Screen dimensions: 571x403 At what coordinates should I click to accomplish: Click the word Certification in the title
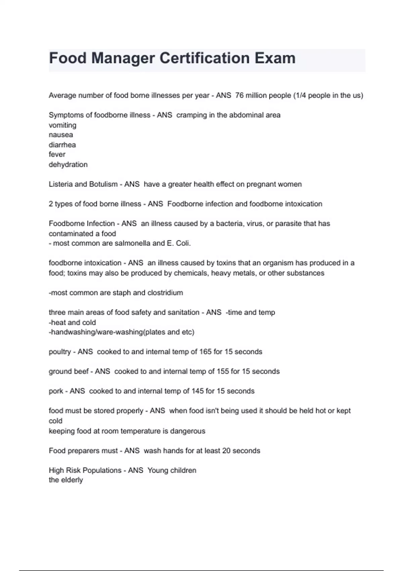click(205, 58)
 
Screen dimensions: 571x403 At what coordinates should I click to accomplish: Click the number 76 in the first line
click(239, 95)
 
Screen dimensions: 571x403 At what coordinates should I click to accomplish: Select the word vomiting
click(62, 125)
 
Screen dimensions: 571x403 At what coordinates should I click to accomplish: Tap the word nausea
click(61, 135)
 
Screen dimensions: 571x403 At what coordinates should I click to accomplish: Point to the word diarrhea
click(62, 145)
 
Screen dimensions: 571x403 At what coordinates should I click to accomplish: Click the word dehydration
click(68, 165)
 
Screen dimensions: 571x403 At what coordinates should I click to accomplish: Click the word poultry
click(60, 352)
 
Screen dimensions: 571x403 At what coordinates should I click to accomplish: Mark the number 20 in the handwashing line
click(226, 450)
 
